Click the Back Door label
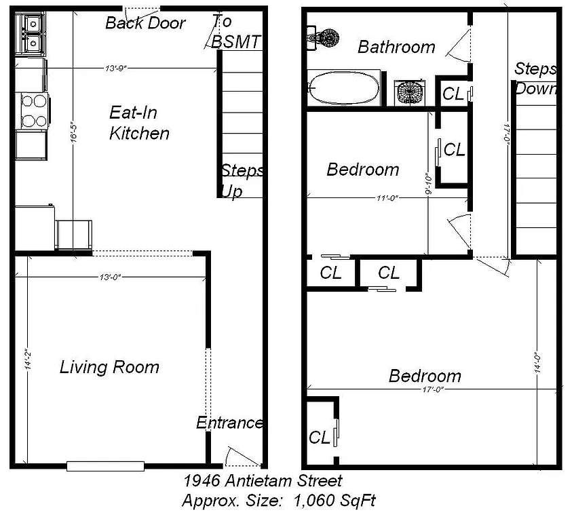coord(145,23)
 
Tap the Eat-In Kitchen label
coord(139,122)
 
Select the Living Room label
coord(109,368)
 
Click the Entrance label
coord(229,423)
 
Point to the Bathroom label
coord(396,47)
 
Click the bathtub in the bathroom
coord(344,88)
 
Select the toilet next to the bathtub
coord(409,92)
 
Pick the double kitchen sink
coord(31,33)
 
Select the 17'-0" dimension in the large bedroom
coord(432,389)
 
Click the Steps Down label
coord(535,79)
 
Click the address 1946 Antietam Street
coord(263,482)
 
